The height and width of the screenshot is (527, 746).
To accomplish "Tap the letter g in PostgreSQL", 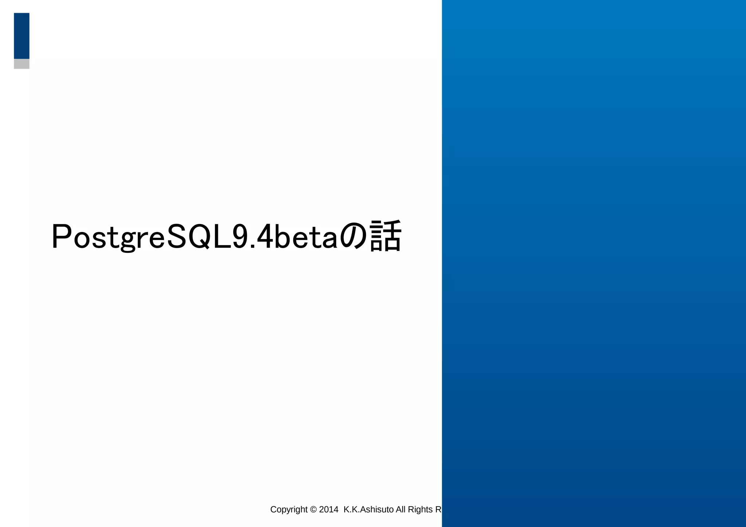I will [128, 240].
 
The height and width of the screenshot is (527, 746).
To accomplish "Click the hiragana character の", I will [353, 237].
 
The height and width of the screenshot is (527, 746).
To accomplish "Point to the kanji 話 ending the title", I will [385, 236].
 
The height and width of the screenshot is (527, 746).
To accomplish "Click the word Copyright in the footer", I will [289, 510].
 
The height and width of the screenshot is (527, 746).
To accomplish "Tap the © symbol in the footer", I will [313, 510].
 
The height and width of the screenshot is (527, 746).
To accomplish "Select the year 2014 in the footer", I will [329, 510].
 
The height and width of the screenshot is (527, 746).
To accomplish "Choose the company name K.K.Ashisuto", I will [368, 510].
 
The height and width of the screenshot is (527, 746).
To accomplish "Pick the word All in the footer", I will [401, 510].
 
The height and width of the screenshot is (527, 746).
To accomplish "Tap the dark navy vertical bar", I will [21, 36].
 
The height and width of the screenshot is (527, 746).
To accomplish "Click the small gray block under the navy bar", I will [21, 64].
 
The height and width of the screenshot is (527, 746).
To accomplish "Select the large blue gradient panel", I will [594, 262].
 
